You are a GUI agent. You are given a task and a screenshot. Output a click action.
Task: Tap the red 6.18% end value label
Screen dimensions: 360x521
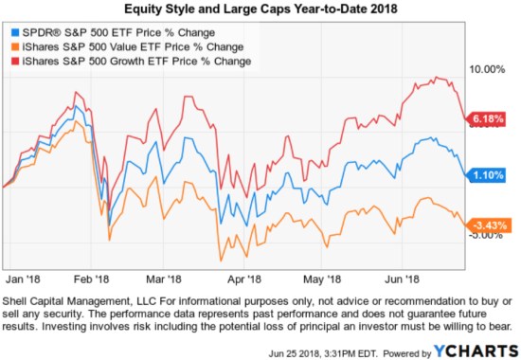coord(490,118)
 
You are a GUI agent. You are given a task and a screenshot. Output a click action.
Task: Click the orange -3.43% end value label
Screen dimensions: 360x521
coord(490,224)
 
